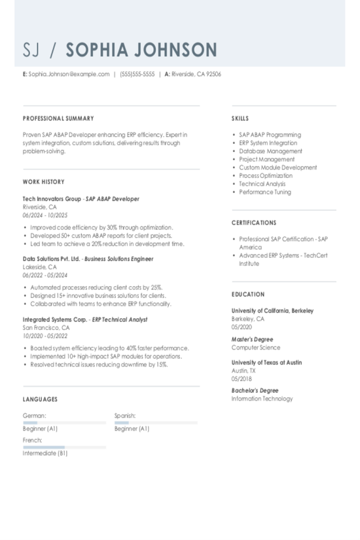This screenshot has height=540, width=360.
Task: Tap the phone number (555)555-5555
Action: tap(137, 75)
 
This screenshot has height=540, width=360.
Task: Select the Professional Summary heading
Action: tap(58, 118)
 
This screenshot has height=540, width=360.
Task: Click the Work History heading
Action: tap(44, 182)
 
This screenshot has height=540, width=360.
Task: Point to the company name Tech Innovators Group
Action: tap(52, 198)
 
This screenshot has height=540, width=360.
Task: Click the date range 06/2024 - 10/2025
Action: tap(45, 215)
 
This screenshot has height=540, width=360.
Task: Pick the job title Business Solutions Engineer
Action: tap(119, 259)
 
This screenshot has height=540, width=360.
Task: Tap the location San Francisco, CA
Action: tap(46, 327)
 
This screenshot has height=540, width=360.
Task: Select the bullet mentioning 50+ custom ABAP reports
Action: tap(101, 235)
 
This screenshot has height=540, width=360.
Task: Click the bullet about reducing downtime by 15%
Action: tap(99, 365)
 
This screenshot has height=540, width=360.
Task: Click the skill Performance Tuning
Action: tap(265, 192)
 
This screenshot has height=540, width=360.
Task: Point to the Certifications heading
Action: tap(254, 223)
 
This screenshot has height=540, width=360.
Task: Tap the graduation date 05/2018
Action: tap(242, 379)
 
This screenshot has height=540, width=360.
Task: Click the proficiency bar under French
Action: tap(64, 447)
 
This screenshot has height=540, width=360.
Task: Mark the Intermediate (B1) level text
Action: tap(45, 453)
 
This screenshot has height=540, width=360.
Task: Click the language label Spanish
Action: tap(125, 415)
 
